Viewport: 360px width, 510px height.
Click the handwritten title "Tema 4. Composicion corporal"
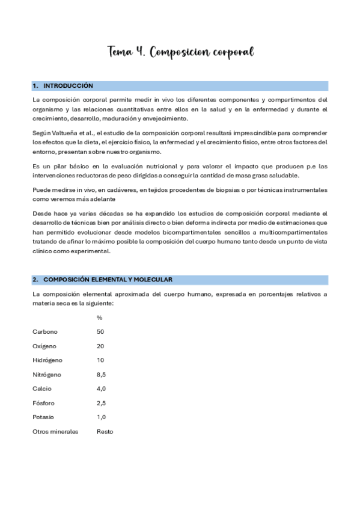coord(180,53)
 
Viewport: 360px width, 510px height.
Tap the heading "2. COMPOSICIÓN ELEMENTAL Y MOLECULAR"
coord(102,280)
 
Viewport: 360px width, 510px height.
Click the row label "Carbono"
coord(45,331)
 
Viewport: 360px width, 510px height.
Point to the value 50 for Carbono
coord(100,331)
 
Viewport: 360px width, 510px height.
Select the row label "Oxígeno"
coord(45,346)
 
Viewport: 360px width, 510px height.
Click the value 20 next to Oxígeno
coord(100,346)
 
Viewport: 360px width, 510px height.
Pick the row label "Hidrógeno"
coord(47,360)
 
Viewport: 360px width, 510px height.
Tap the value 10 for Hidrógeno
coord(100,360)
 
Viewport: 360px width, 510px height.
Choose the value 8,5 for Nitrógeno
coord(101,375)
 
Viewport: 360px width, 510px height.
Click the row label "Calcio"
coord(43,389)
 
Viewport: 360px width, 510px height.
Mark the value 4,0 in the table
coord(101,389)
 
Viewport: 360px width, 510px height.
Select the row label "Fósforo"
coord(44,403)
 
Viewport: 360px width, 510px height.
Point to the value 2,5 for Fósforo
coord(101,403)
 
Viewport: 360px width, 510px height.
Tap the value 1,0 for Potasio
coord(101,417)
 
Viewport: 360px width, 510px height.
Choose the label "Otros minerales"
coord(55,432)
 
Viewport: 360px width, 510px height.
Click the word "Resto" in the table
coord(105,432)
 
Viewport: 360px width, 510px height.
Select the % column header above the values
coord(99,318)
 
